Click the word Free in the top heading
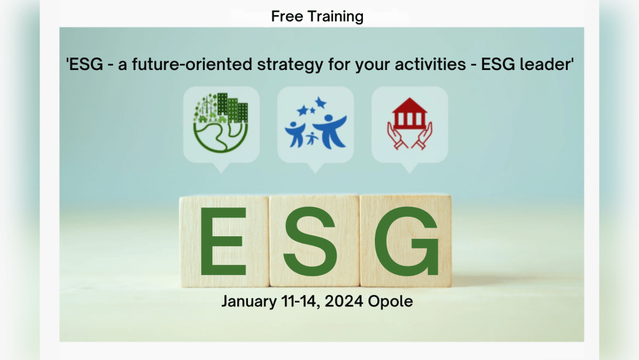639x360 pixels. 287,16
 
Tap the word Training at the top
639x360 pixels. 335,17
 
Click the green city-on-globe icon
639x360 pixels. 220,122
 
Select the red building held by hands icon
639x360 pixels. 410,124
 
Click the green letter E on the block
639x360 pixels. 223,241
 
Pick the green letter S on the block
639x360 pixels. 310,241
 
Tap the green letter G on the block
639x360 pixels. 406,241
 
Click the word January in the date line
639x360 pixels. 249,302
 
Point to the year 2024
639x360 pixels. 344,302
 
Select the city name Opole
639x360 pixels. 390,302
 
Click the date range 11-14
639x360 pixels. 300,302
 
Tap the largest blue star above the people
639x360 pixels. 320,102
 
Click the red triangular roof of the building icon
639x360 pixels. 410,105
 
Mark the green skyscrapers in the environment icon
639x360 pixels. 232,107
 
